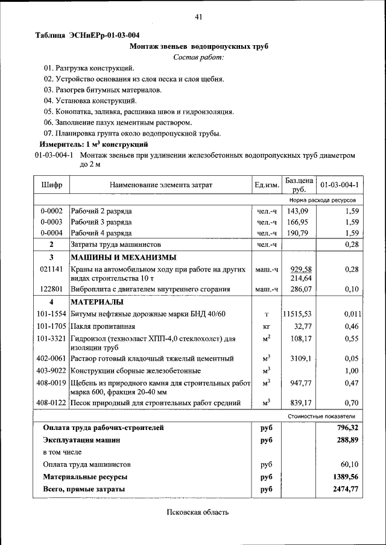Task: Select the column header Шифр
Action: [51, 184]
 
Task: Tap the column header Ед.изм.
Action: [266, 184]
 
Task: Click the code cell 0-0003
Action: [51, 222]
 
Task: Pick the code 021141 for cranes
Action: [51, 269]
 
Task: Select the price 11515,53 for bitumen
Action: [297, 314]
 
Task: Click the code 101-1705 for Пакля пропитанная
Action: [51, 326]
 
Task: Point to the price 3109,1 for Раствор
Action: [300, 358]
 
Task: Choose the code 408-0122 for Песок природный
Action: [51, 403]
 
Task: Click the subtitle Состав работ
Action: [198, 57]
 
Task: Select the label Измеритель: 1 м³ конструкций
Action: [93, 145]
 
